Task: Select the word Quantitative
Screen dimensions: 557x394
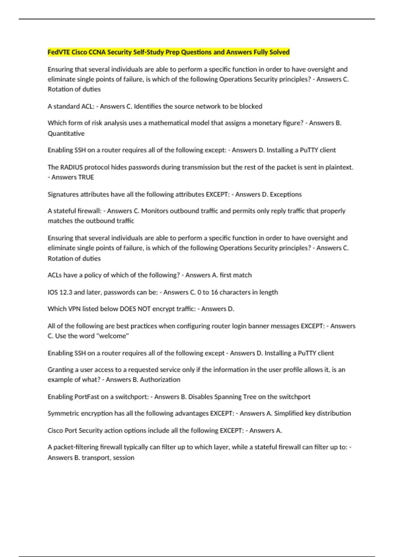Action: [66, 133]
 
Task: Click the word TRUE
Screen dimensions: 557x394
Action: [86, 177]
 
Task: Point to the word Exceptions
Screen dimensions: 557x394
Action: [285, 194]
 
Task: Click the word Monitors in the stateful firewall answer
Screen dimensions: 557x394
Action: [154, 211]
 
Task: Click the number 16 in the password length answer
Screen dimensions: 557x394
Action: [214, 292]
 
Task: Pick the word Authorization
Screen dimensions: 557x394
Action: [160, 380]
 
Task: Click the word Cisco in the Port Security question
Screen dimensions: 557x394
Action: [55, 431]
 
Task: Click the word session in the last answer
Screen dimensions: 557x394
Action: [123, 458]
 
